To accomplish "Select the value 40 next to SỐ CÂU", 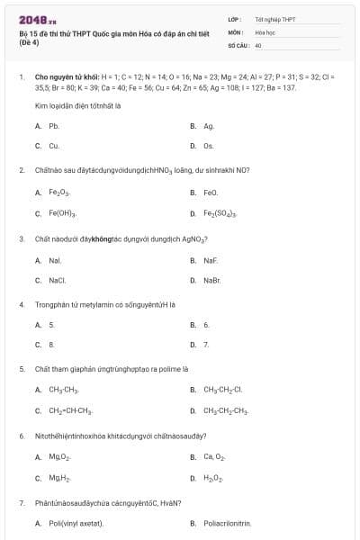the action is [x=258, y=44].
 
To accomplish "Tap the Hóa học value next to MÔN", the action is [x=265, y=31].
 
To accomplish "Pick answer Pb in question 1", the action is [x=54, y=126].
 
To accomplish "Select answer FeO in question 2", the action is [x=211, y=192].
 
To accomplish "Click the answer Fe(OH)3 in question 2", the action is [x=62, y=213].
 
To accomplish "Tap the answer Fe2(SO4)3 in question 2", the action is [x=220, y=213].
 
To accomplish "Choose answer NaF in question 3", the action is [x=211, y=260].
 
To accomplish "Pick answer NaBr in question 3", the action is [x=212, y=280].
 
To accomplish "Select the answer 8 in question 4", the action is [x=51, y=344].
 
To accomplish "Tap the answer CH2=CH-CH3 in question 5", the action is [x=70, y=410].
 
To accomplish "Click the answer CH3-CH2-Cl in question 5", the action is [x=223, y=390].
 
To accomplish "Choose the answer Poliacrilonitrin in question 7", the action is [x=228, y=523].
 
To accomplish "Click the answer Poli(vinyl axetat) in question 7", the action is [x=76, y=523].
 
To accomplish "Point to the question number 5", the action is [x=22, y=369].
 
